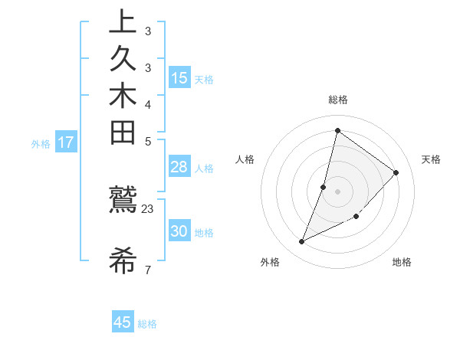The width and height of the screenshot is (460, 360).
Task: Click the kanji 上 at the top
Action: click(x=123, y=23)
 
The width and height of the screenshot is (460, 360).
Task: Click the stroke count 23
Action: click(x=148, y=209)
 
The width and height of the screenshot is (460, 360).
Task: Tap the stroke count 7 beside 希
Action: click(x=148, y=269)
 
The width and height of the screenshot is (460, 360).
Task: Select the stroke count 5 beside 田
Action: click(x=148, y=141)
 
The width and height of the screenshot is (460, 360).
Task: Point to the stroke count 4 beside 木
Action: click(x=148, y=104)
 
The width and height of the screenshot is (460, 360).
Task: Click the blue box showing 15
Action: click(x=179, y=77)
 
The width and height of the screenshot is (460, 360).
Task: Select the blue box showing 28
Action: click(x=179, y=167)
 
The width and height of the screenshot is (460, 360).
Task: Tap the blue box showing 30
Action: click(x=179, y=231)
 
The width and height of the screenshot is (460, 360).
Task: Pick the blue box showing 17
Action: click(x=66, y=142)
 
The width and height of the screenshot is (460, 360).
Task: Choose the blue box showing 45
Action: click(x=123, y=322)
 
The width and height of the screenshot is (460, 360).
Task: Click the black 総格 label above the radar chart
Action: click(x=337, y=100)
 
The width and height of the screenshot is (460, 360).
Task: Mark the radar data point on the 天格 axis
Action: click(x=396, y=172)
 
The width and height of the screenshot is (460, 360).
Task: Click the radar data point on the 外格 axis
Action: click(x=301, y=242)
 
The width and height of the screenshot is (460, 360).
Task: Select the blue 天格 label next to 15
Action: click(x=204, y=79)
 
